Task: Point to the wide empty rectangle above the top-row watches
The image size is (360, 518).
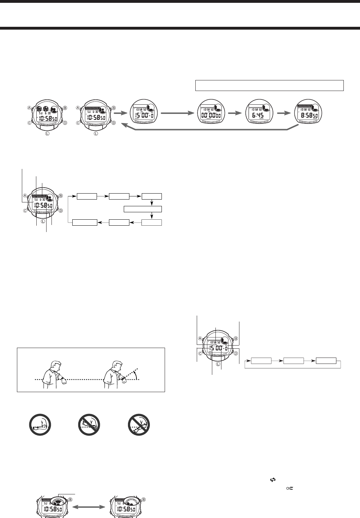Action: pyautogui.click(x=269, y=85)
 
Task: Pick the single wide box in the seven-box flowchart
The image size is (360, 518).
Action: pyautogui.click(x=143, y=209)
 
